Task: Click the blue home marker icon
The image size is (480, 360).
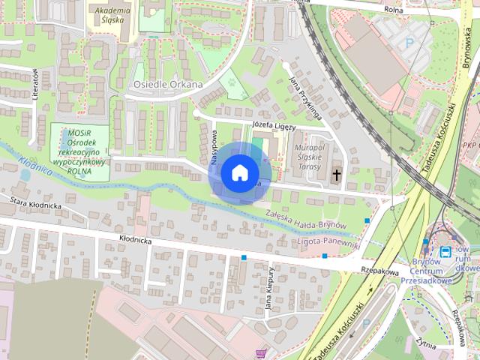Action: pyautogui.click(x=238, y=172)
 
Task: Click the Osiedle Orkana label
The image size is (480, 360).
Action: pyautogui.click(x=168, y=85)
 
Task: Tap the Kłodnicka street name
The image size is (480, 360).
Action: pyautogui.click(x=136, y=241)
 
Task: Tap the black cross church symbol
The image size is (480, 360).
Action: pyautogui.click(x=336, y=175)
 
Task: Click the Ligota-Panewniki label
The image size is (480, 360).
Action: pyautogui.click(x=328, y=244)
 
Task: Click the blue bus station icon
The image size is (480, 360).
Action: pyautogui.click(x=446, y=251)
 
